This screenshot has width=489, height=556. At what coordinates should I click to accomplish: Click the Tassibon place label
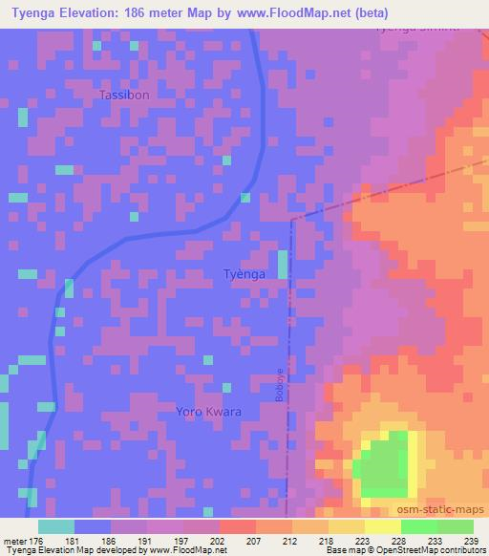pos(123,96)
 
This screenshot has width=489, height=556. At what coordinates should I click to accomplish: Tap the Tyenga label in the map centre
pos(244,274)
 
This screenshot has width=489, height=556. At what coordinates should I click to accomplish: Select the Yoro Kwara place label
pos(208,412)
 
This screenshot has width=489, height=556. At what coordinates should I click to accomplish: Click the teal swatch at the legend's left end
pos(56,526)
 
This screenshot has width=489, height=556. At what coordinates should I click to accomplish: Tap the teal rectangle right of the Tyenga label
pos(282,265)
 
